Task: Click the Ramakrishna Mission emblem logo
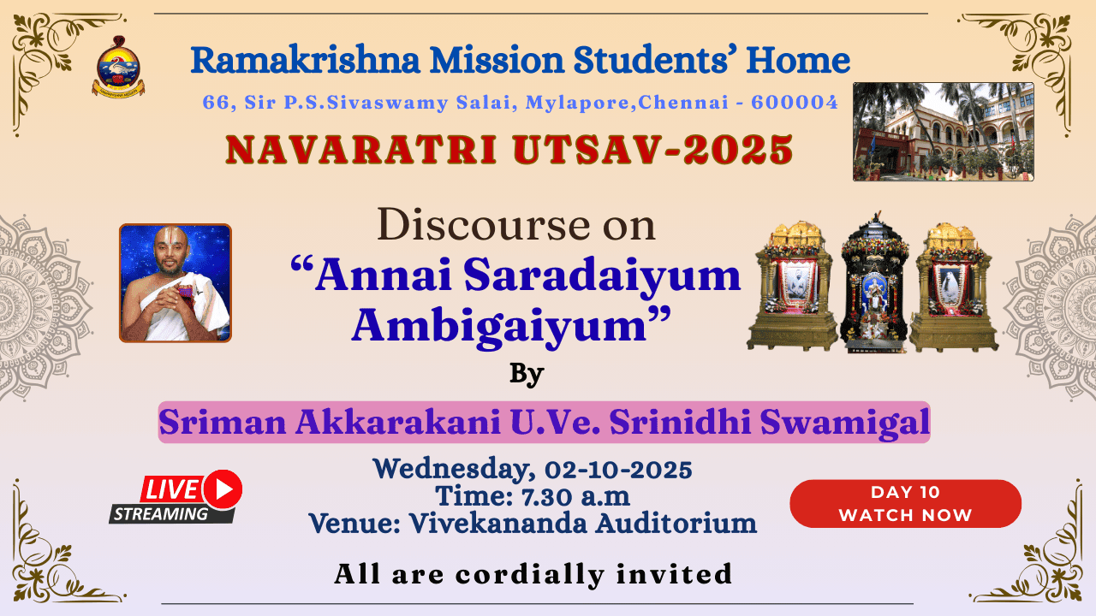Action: [x=118, y=67]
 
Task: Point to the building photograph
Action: [x=944, y=132]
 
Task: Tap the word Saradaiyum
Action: [x=602, y=276]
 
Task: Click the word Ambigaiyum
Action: [x=499, y=326]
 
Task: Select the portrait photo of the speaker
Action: [x=176, y=283]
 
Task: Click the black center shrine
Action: [x=874, y=282]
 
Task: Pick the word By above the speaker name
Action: [x=527, y=374]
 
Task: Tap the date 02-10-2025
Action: [x=618, y=470]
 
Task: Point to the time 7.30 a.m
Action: [x=575, y=497]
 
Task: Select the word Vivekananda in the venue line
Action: [x=498, y=523]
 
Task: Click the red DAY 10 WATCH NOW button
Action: [x=905, y=504]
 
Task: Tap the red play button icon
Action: [x=223, y=489]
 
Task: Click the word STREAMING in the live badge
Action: [x=161, y=514]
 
